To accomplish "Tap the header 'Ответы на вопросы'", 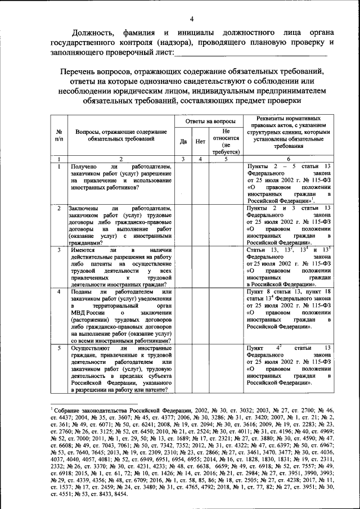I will click(208, 121).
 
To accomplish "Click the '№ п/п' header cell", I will click(59, 135).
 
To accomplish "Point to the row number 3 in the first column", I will click(59, 249).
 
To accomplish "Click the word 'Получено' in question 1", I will click(83, 168).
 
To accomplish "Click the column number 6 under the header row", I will click(288, 159).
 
